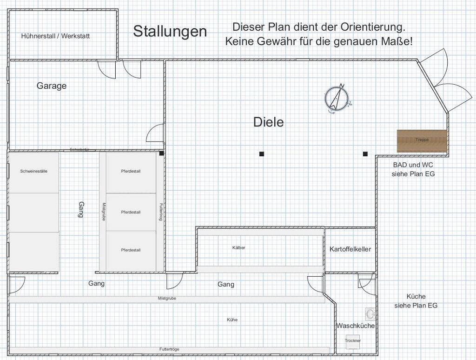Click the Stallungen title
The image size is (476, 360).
tap(170, 32)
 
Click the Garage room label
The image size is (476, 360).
tap(52, 86)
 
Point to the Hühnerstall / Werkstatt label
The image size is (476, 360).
tap(55, 36)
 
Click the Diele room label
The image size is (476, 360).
tap(268, 122)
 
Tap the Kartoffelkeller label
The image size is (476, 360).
tap(350, 249)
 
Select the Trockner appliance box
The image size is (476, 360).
tap(353, 341)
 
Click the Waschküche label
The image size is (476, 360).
tap(356, 326)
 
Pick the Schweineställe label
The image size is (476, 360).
tap(33, 171)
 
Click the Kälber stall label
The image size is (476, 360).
tap(238, 247)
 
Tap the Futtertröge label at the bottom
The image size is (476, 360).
tap(169, 349)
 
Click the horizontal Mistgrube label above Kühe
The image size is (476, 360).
tap(167, 298)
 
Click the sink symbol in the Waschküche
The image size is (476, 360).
tap(370, 313)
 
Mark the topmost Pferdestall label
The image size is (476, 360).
tap(131, 171)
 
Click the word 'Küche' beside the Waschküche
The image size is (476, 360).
tap(416, 296)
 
